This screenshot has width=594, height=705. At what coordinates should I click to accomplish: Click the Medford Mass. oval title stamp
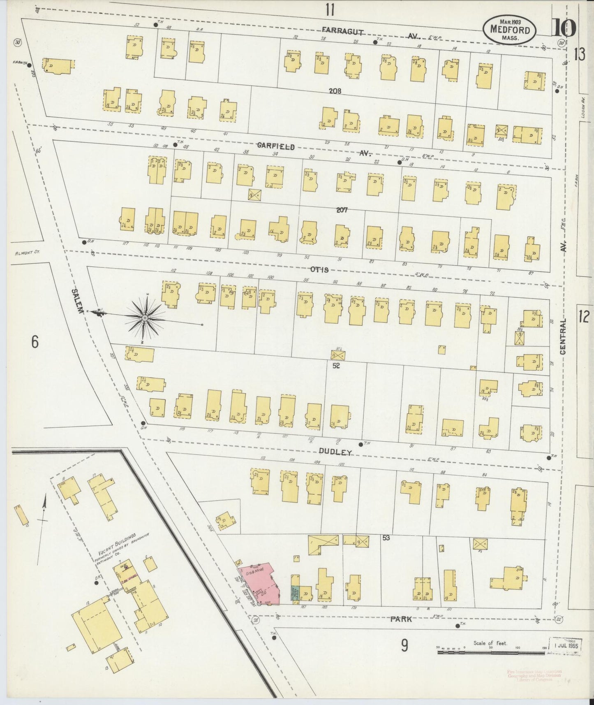(x=509, y=29)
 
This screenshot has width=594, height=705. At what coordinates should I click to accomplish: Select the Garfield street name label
(x=276, y=146)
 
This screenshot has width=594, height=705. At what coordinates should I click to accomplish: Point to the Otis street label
(x=319, y=270)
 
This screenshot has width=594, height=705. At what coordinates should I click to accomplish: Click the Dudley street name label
(x=335, y=452)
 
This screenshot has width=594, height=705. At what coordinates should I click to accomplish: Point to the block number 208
(x=335, y=91)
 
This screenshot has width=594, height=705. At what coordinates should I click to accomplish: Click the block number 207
(x=342, y=210)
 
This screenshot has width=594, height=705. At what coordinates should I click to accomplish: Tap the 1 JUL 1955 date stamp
(x=565, y=646)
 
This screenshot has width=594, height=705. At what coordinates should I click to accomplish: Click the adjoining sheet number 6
(x=35, y=341)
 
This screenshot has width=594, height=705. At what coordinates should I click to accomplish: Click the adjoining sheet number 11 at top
(x=330, y=9)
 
